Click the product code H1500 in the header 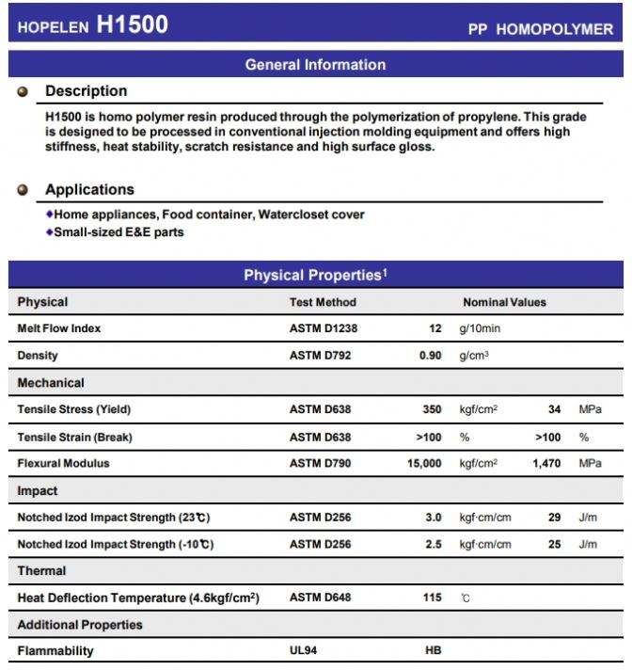tap(132, 25)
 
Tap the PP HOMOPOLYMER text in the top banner tap(540, 29)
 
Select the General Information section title tap(315, 65)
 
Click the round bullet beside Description tap(24, 92)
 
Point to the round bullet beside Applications tap(24, 190)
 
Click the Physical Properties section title tap(315, 275)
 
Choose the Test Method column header tap(323, 302)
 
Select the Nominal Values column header tap(504, 302)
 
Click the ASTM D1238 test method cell tap(324, 328)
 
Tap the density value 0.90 tap(430, 356)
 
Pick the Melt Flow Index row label tap(59, 328)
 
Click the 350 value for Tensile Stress tap(431, 409)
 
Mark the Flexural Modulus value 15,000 tap(424, 464)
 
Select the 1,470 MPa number tap(546, 464)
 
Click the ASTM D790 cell tap(320, 464)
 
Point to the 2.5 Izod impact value tap(432, 544)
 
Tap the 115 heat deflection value tap(432, 598)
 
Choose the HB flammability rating tap(434, 650)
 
